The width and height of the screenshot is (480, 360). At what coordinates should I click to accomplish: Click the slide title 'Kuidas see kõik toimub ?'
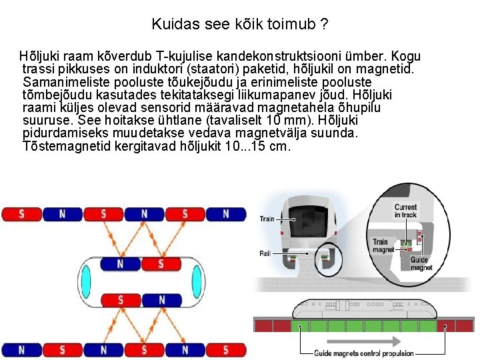[239, 25]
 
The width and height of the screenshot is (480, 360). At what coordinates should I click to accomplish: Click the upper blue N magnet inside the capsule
[121, 264]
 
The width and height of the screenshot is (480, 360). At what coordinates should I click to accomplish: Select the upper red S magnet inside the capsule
[161, 264]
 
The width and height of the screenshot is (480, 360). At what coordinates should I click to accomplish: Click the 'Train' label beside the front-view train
[267, 219]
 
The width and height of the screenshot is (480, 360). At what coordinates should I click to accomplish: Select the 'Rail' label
[265, 253]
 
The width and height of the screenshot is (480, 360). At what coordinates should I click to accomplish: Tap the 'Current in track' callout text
[405, 210]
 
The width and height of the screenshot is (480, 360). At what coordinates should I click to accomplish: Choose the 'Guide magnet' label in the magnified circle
[421, 264]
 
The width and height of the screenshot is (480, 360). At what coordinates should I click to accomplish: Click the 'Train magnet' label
[383, 246]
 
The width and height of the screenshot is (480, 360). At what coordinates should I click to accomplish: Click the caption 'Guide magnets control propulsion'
[363, 353]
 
